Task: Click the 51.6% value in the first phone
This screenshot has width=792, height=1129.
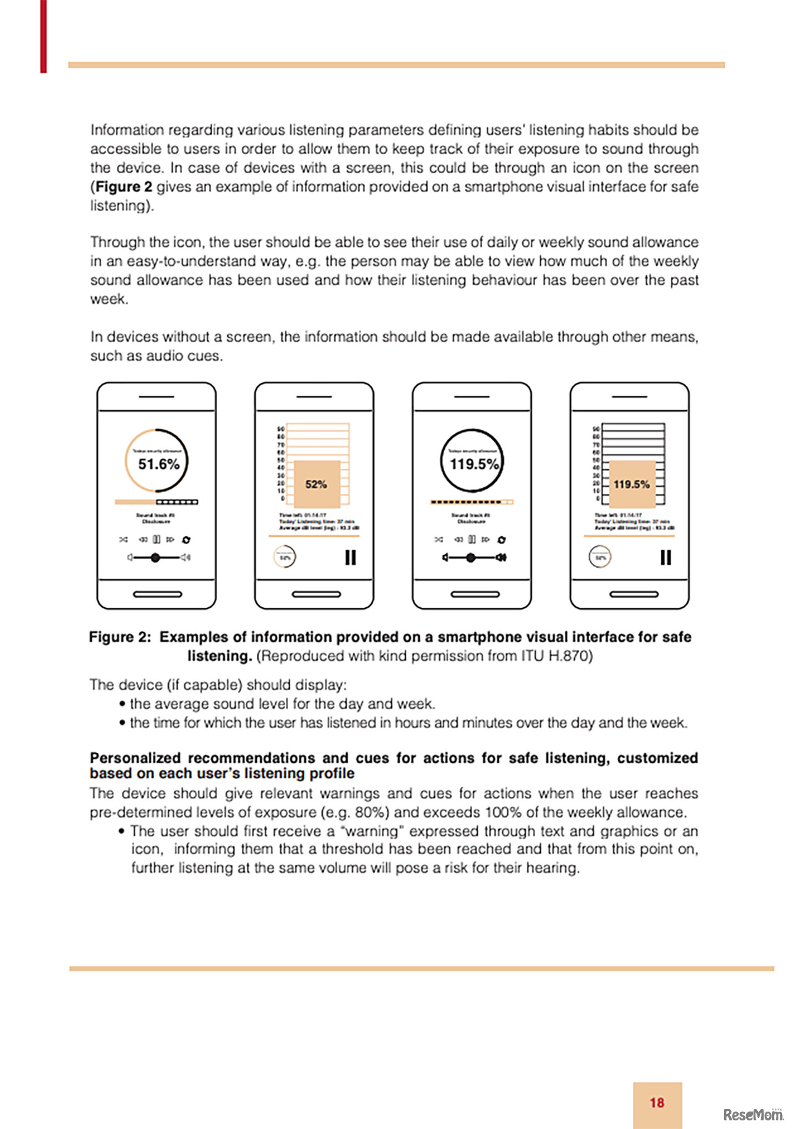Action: (x=158, y=464)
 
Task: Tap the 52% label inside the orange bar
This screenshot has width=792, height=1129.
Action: (x=316, y=484)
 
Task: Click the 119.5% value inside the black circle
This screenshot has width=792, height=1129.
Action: (x=474, y=464)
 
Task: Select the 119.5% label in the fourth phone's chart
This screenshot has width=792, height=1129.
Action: (x=631, y=484)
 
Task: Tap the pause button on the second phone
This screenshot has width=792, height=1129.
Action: (x=350, y=558)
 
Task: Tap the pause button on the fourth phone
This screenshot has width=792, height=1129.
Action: (x=666, y=558)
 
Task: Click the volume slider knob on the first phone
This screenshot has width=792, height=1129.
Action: (x=155, y=558)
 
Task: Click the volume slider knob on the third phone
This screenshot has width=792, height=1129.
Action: (x=471, y=558)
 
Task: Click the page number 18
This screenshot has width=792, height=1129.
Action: (x=657, y=1102)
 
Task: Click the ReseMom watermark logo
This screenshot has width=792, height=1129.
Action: (x=752, y=1115)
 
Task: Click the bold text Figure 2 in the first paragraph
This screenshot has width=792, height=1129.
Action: (x=124, y=187)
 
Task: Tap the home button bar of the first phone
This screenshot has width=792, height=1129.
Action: (x=158, y=594)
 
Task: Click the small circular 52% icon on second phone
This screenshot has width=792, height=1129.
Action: (x=285, y=557)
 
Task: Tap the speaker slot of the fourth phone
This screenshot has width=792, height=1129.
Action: (x=630, y=396)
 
